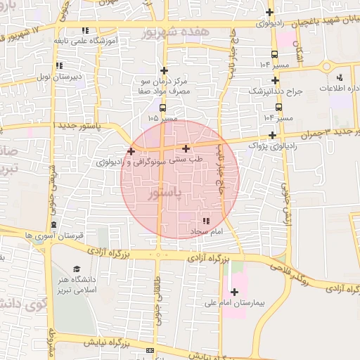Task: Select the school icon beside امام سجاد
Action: (205, 221)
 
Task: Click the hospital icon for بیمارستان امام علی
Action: (233, 292)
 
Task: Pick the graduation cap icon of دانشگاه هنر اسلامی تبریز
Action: (76, 269)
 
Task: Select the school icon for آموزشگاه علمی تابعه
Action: (86, 30)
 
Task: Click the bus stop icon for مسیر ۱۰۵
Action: (163, 108)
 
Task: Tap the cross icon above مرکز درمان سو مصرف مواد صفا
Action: (164, 70)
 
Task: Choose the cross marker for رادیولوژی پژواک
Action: (272, 135)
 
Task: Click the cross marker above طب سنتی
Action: (186, 148)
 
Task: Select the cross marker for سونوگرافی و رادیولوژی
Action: (131, 151)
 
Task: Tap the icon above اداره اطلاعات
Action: (340, 78)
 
